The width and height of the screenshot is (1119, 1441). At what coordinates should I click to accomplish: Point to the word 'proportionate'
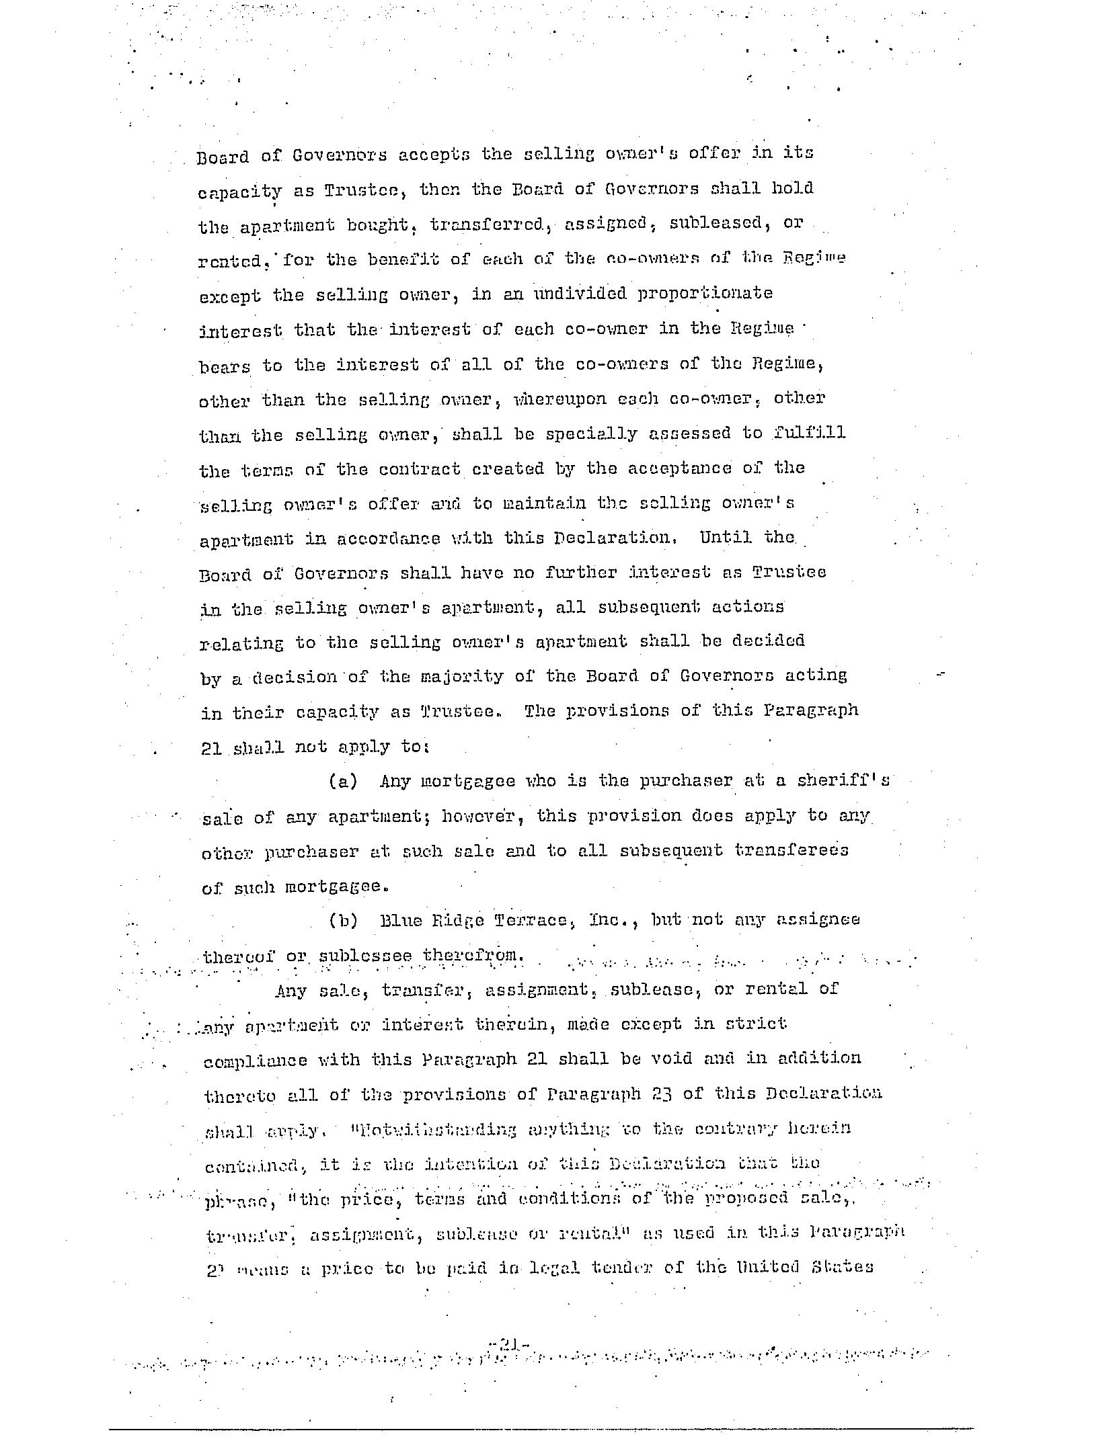coord(705,294)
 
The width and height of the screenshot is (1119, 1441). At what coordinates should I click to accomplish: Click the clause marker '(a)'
coord(342,781)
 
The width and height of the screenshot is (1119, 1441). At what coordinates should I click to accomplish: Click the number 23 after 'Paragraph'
coord(662,1094)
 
